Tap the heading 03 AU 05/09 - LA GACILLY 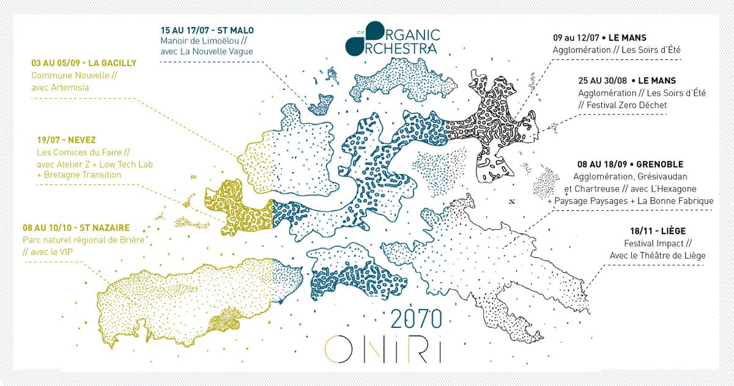click(x=84, y=63)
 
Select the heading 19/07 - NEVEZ click(x=62, y=140)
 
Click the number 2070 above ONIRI click(x=416, y=319)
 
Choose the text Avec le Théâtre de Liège click(x=656, y=255)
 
